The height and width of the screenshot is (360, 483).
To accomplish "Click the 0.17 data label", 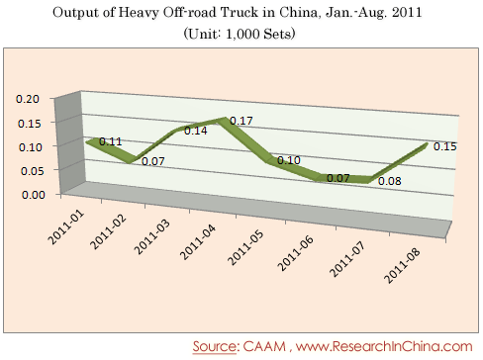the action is point(241,121).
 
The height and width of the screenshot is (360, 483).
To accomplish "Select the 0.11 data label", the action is point(111,141).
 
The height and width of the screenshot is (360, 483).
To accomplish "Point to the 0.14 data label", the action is point(196,131).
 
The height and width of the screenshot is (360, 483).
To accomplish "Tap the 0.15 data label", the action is point(445,146).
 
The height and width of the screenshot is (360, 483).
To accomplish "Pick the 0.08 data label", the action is point(390,181).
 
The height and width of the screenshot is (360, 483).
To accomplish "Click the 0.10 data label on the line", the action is point(289,160).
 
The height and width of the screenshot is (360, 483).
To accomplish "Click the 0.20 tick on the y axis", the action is point(28,99).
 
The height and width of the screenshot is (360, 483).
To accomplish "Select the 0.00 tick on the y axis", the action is point(34,195).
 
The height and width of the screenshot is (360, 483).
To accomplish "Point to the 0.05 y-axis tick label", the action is point(32,171).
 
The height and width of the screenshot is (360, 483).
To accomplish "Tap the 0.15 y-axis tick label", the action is point(30,124).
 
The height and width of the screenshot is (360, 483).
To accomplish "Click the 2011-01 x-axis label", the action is point(66,227).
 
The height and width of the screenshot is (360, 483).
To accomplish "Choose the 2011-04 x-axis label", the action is point(198,242).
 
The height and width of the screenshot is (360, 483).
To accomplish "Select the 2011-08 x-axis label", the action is point(402,265).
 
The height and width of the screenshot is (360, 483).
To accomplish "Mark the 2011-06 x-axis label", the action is point(295,253).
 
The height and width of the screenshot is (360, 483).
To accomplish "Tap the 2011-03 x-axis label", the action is point(152,237).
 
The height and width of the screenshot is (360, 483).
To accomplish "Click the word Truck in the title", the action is point(240,13).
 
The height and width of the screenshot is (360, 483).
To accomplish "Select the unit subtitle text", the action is point(240,34).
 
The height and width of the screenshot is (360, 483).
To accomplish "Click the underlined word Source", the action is point(215,346).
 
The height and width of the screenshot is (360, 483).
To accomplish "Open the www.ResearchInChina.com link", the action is point(384,346).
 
